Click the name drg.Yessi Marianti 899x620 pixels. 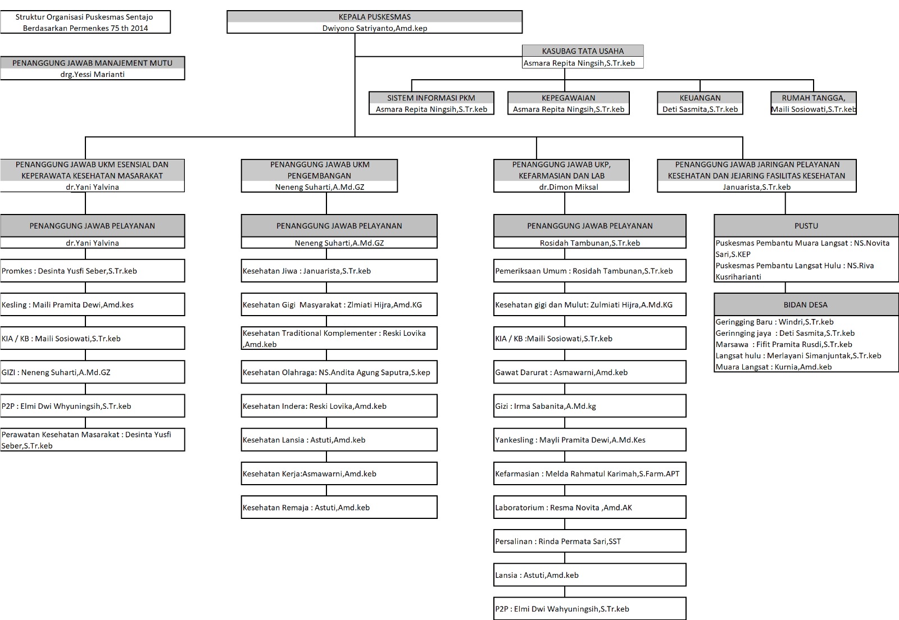pos(92,74)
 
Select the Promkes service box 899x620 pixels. pos(92,271)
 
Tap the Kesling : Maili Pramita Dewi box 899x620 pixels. pos(92,304)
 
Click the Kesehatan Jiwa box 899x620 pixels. pos(339,271)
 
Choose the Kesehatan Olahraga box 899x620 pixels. pos(339,372)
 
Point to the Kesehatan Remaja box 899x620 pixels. pos(339,507)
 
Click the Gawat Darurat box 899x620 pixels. pos(589,372)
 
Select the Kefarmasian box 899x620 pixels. pos(589,473)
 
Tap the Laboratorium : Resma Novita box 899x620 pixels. pos(589,507)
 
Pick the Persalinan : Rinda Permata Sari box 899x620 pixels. pos(589,541)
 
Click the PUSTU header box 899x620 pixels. pos(806,226)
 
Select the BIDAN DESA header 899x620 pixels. pos(806,305)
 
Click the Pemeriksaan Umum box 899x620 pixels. pos(589,271)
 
